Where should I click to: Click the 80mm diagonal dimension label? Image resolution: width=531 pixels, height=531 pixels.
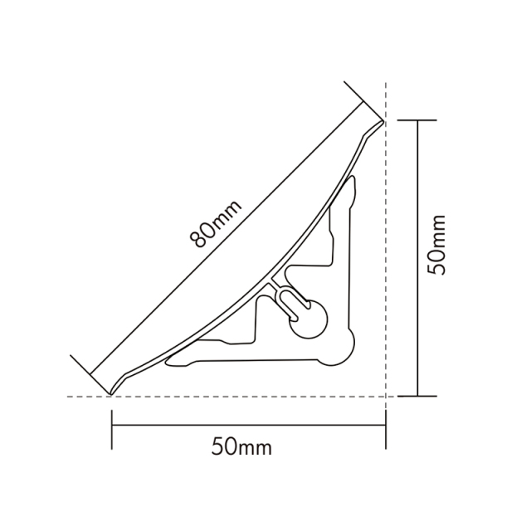(213, 225)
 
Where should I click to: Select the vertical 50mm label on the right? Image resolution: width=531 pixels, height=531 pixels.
(437, 244)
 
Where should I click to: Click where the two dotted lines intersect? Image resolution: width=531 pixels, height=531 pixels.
(387, 397)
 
